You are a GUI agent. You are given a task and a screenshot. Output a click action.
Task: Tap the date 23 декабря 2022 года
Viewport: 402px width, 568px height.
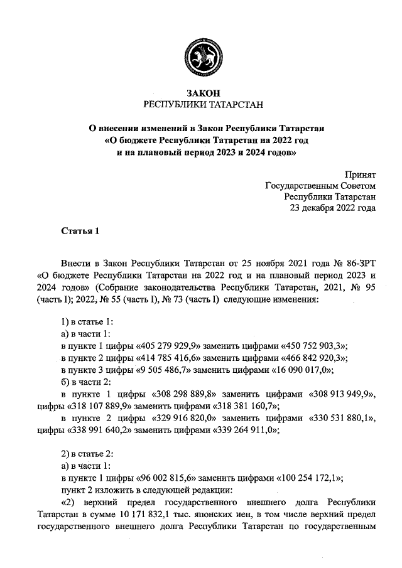[x=332, y=208]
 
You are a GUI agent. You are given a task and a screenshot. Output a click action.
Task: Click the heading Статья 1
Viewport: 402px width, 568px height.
[x=80, y=231]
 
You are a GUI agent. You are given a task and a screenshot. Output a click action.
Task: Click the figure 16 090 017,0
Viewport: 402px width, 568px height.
[x=300, y=370]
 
